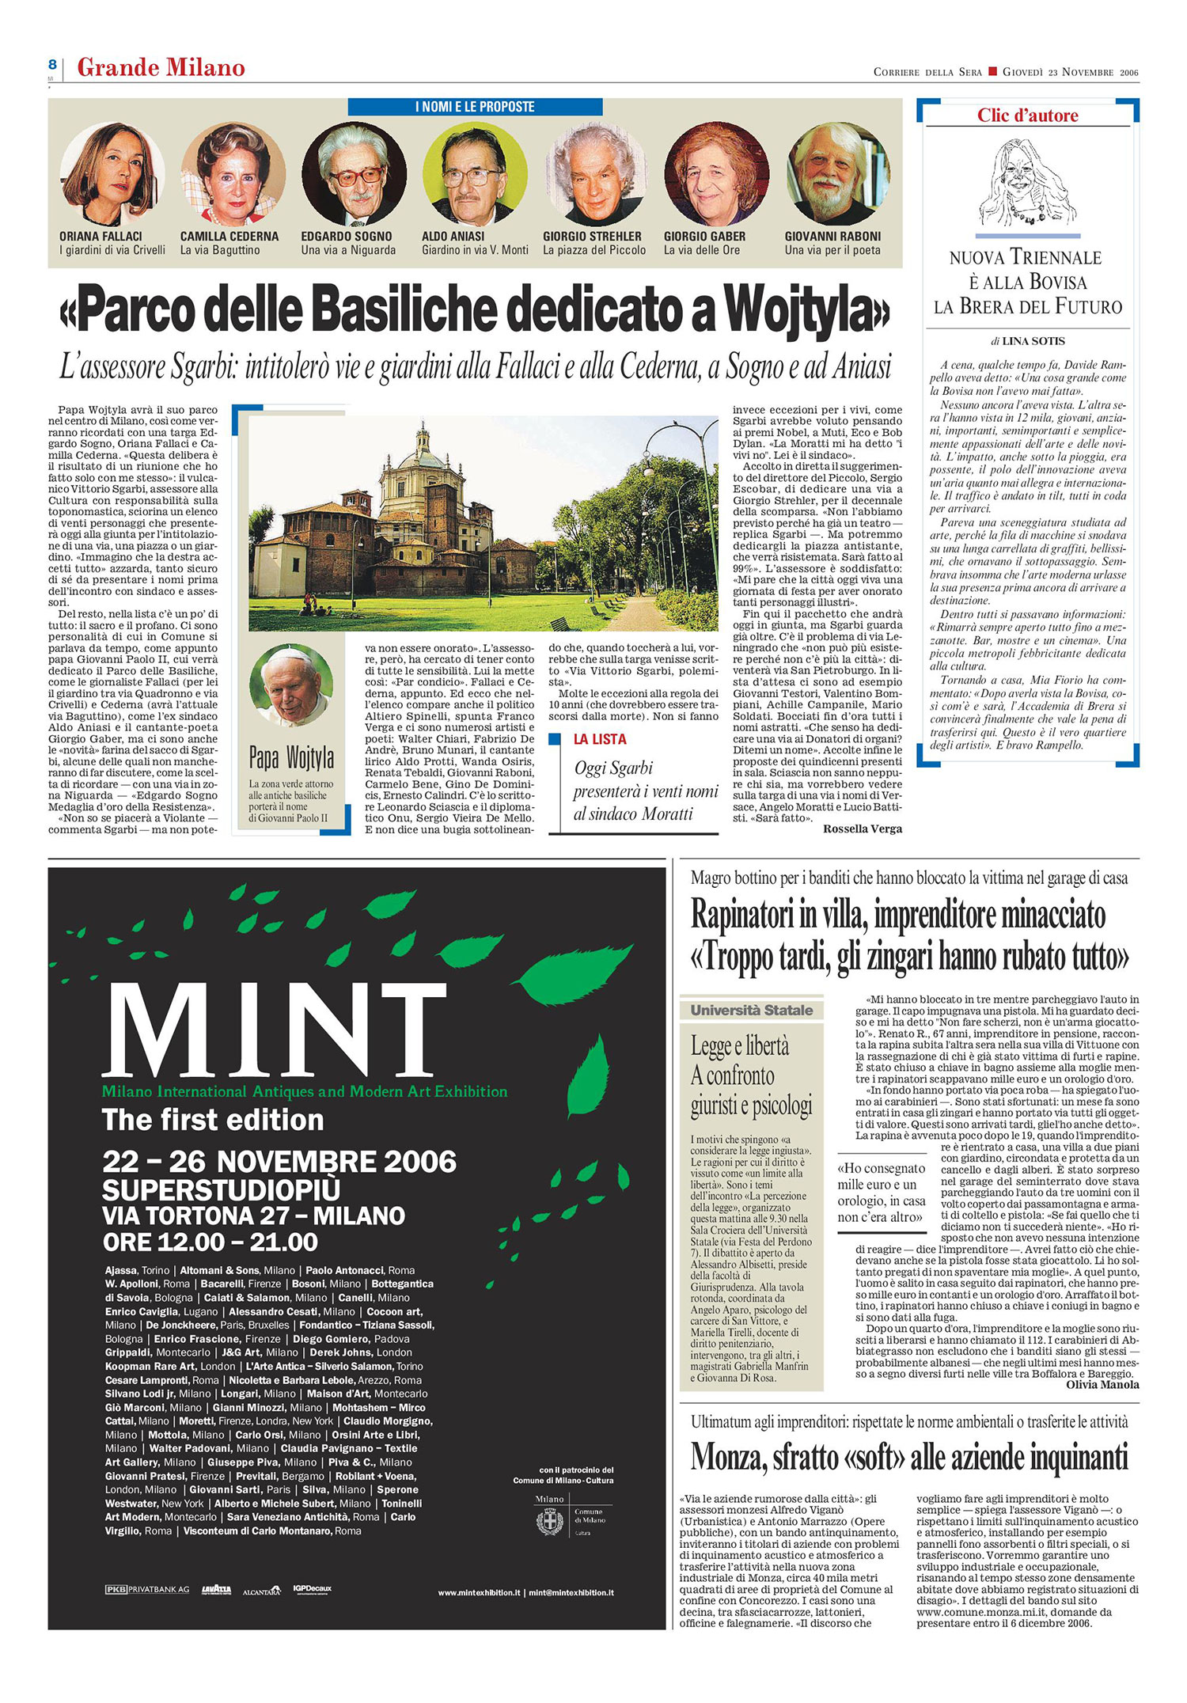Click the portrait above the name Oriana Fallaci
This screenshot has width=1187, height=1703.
point(112,175)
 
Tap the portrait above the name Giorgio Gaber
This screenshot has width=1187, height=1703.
point(716,175)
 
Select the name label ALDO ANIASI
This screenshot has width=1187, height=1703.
point(453,237)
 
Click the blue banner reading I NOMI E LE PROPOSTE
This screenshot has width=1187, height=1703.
point(475,107)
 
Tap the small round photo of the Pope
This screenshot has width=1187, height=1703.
point(290,685)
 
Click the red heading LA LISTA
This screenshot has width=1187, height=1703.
point(600,739)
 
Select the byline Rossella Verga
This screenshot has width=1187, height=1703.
point(862,829)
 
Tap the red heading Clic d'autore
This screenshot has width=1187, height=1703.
point(1027,116)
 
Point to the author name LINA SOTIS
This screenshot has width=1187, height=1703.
point(1033,341)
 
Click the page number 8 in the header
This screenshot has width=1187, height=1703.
point(51,65)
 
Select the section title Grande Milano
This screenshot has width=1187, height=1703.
point(161,68)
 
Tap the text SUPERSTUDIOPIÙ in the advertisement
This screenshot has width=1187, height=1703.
point(222,1190)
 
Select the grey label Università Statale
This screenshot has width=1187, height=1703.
point(751,1011)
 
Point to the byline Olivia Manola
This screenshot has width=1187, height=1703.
point(1102,1385)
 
